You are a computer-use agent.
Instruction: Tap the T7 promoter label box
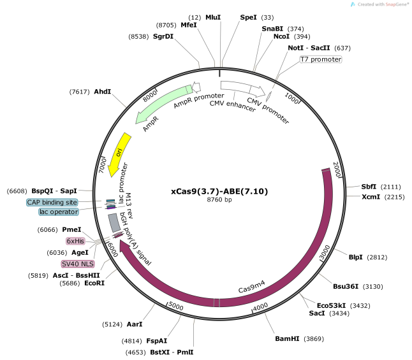point(321,60)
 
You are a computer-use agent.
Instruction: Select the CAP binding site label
point(52,202)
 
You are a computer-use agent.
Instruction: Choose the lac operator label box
point(58,212)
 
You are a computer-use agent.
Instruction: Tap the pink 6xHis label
point(75,241)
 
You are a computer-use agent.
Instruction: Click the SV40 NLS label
point(77,263)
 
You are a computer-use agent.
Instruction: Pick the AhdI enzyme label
point(102,92)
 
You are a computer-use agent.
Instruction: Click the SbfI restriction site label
point(369,187)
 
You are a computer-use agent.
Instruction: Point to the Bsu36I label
point(346,286)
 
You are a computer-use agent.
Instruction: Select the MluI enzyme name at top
point(213,17)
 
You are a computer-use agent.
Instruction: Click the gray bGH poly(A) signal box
point(114,222)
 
